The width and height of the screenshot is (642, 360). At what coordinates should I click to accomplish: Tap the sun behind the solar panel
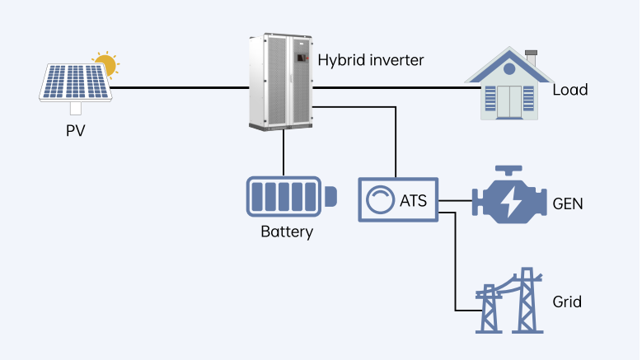click(105, 63)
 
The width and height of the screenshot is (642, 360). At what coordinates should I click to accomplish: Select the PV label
click(76, 130)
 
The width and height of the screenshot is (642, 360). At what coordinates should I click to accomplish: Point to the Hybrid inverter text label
click(371, 59)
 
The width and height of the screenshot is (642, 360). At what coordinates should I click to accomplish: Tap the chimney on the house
click(531, 60)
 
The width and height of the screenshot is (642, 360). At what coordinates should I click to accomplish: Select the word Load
click(569, 89)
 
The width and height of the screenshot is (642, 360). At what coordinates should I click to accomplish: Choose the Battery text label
click(287, 231)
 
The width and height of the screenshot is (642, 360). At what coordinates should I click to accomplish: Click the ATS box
click(398, 199)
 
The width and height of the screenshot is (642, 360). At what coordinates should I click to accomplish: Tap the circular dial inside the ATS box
click(381, 199)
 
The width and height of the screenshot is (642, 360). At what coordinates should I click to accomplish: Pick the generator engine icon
click(508, 198)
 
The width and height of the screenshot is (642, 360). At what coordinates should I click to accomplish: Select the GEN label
click(568, 203)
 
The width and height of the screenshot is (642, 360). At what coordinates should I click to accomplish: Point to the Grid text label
click(567, 302)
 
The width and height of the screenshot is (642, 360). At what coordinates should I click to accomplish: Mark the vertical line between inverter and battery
click(283, 152)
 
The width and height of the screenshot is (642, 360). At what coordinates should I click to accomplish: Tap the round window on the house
click(508, 70)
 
